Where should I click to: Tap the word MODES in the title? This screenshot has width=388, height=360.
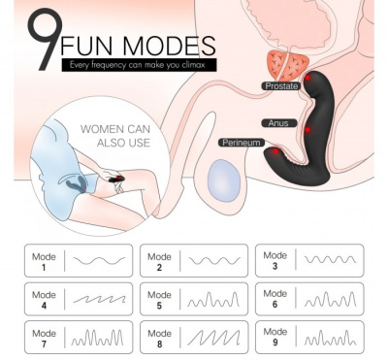169,46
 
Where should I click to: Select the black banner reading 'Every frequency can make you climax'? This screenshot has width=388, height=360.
139,65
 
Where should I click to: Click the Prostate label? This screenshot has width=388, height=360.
281,86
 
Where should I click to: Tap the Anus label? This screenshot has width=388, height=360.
278,123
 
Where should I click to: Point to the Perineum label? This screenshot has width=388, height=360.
242,143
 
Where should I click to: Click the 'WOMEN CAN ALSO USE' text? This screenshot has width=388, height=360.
115,136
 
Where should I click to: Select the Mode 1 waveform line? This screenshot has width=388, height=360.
99,260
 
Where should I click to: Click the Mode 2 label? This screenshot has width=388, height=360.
159,262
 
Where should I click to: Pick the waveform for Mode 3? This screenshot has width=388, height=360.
330,259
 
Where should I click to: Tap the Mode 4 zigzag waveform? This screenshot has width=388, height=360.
99,299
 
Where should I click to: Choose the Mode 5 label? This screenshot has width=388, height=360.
159,300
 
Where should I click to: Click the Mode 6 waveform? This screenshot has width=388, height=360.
330,299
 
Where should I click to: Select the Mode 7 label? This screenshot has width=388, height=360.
44,339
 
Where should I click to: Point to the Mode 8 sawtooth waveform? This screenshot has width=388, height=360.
213,338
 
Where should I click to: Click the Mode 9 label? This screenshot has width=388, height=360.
275,337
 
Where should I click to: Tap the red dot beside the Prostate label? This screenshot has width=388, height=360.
307,78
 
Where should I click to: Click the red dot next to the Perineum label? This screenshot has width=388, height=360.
275,151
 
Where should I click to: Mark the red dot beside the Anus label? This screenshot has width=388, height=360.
307,130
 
